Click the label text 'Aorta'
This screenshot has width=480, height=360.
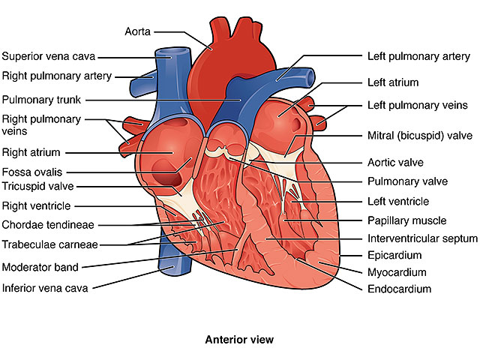pos(138,31)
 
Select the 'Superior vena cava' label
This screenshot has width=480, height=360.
pos(49,56)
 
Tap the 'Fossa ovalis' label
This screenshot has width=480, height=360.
pos(32,172)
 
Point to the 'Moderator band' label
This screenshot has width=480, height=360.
pos(40,267)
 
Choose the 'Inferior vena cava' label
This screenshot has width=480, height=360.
pos(45,288)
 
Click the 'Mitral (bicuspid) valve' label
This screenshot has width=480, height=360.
pos(420,136)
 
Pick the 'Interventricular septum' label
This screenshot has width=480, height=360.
pos(422,238)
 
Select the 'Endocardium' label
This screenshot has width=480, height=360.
pos(399,289)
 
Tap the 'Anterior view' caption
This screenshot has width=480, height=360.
pos(239,340)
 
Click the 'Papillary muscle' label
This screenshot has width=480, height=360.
pos(406,220)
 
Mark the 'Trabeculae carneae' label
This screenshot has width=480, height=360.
pos(50,244)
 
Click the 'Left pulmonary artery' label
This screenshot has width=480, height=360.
pos(418,57)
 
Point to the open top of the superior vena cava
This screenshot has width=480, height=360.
pos(172,52)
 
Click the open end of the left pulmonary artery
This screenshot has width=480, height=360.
pos(310,76)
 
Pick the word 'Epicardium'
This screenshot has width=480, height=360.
pos(394,255)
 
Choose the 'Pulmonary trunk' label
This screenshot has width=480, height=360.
pos(41,100)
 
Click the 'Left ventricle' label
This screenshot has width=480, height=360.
pos(398,202)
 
